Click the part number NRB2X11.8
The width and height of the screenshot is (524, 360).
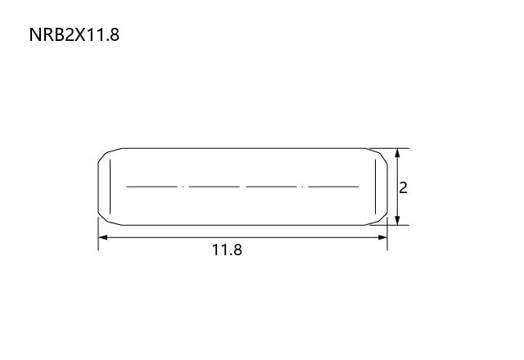click(x=75, y=34)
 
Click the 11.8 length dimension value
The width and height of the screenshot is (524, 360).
click(x=227, y=250)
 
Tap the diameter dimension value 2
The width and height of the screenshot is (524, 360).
click(x=404, y=188)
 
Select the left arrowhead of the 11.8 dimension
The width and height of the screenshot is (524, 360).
click(x=103, y=237)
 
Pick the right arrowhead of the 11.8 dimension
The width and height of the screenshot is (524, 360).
click(x=382, y=237)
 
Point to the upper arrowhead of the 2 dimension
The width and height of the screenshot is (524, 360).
click(x=397, y=153)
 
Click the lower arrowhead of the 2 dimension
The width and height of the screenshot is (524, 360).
click(x=397, y=220)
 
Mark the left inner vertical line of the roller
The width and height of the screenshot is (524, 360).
click(x=110, y=187)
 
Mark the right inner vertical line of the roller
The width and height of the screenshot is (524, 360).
click(x=375, y=187)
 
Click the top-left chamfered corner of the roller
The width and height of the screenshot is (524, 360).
click(x=107, y=153)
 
